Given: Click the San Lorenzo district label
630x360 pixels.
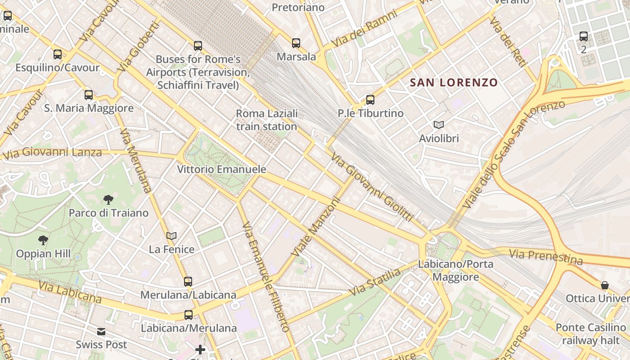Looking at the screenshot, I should point(454,82).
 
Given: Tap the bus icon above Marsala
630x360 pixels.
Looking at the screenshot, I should point(296,43).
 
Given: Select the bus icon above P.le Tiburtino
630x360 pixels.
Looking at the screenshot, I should point(370,99).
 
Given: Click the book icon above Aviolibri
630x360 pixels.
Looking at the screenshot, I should point(439,125).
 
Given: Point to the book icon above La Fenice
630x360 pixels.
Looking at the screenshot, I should point(171,236).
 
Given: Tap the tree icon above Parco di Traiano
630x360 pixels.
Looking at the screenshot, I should point(108,199).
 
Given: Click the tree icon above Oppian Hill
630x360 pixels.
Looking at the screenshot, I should point(43,240).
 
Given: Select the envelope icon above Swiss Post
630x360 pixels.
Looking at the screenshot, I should point(101,332).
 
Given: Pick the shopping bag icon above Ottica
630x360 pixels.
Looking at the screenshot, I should point(605,285).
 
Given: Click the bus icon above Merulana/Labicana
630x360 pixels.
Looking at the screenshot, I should point(188,282).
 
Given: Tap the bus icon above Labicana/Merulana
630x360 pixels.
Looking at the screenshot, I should point(189,315).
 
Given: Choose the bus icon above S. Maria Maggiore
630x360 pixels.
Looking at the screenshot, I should point(89,95).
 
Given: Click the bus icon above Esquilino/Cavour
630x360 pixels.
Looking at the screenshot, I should point(58,54).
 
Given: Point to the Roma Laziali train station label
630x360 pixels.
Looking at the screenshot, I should point(267,120).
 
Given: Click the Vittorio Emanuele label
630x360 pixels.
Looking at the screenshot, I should point(221,170).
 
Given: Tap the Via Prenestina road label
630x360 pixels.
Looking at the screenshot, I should point(545,256).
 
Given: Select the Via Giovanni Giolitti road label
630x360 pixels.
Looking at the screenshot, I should point(372,187).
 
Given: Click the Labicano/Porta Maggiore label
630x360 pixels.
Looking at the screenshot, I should point(456,270).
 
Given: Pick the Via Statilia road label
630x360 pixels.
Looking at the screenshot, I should point(375,283).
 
